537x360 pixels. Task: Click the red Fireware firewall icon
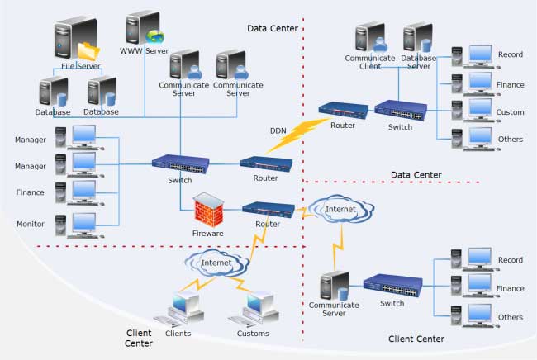pyautogui.click(x=207, y=211)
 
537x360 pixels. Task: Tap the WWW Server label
pyautogui.click(x=145, y=50)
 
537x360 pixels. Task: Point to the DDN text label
pyautogui.click(x=278, y=130)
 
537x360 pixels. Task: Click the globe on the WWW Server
pyautogui.click(x=155, y=36)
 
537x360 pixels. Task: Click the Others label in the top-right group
pyautogui.click(x=511, y=140)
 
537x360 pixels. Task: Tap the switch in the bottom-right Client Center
pyautogui.click(x=392, y=286)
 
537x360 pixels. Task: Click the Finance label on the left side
pyautogui.click(x=30, y=193)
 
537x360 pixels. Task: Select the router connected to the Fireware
pyautogui.click(x=267, y=210)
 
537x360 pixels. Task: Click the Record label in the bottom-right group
pyautogui.click(x=511, y=260)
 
